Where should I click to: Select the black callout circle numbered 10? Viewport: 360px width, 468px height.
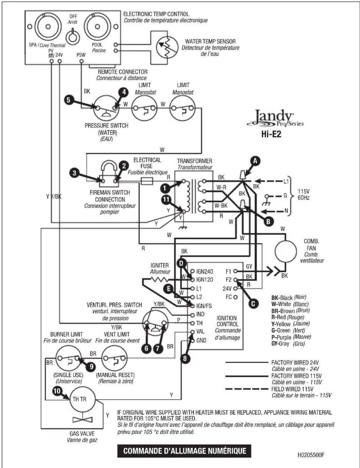click(57, 391)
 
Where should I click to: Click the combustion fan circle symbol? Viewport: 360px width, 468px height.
click(285, 251)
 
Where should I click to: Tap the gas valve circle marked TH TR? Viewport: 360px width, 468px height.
click(82, 399)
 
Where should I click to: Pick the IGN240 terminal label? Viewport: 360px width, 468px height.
click(205, 271)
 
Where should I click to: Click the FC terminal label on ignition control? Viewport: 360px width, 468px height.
click(229, 297)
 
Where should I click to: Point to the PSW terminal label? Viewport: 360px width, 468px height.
click(81, 55)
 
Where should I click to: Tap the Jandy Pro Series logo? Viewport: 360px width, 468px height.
click(274, 119)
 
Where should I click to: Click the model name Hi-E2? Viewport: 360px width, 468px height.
click(271, 135)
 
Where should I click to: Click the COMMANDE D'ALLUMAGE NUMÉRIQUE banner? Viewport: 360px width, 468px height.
click(185, 451)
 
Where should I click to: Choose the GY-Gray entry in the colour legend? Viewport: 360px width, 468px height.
click(288, 344)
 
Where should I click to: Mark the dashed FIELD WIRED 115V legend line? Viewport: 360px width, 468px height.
click(247, 389)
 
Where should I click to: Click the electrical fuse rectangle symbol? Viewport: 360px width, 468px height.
click(147, 181)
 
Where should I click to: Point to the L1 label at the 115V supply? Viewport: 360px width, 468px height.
click(286, 181)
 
